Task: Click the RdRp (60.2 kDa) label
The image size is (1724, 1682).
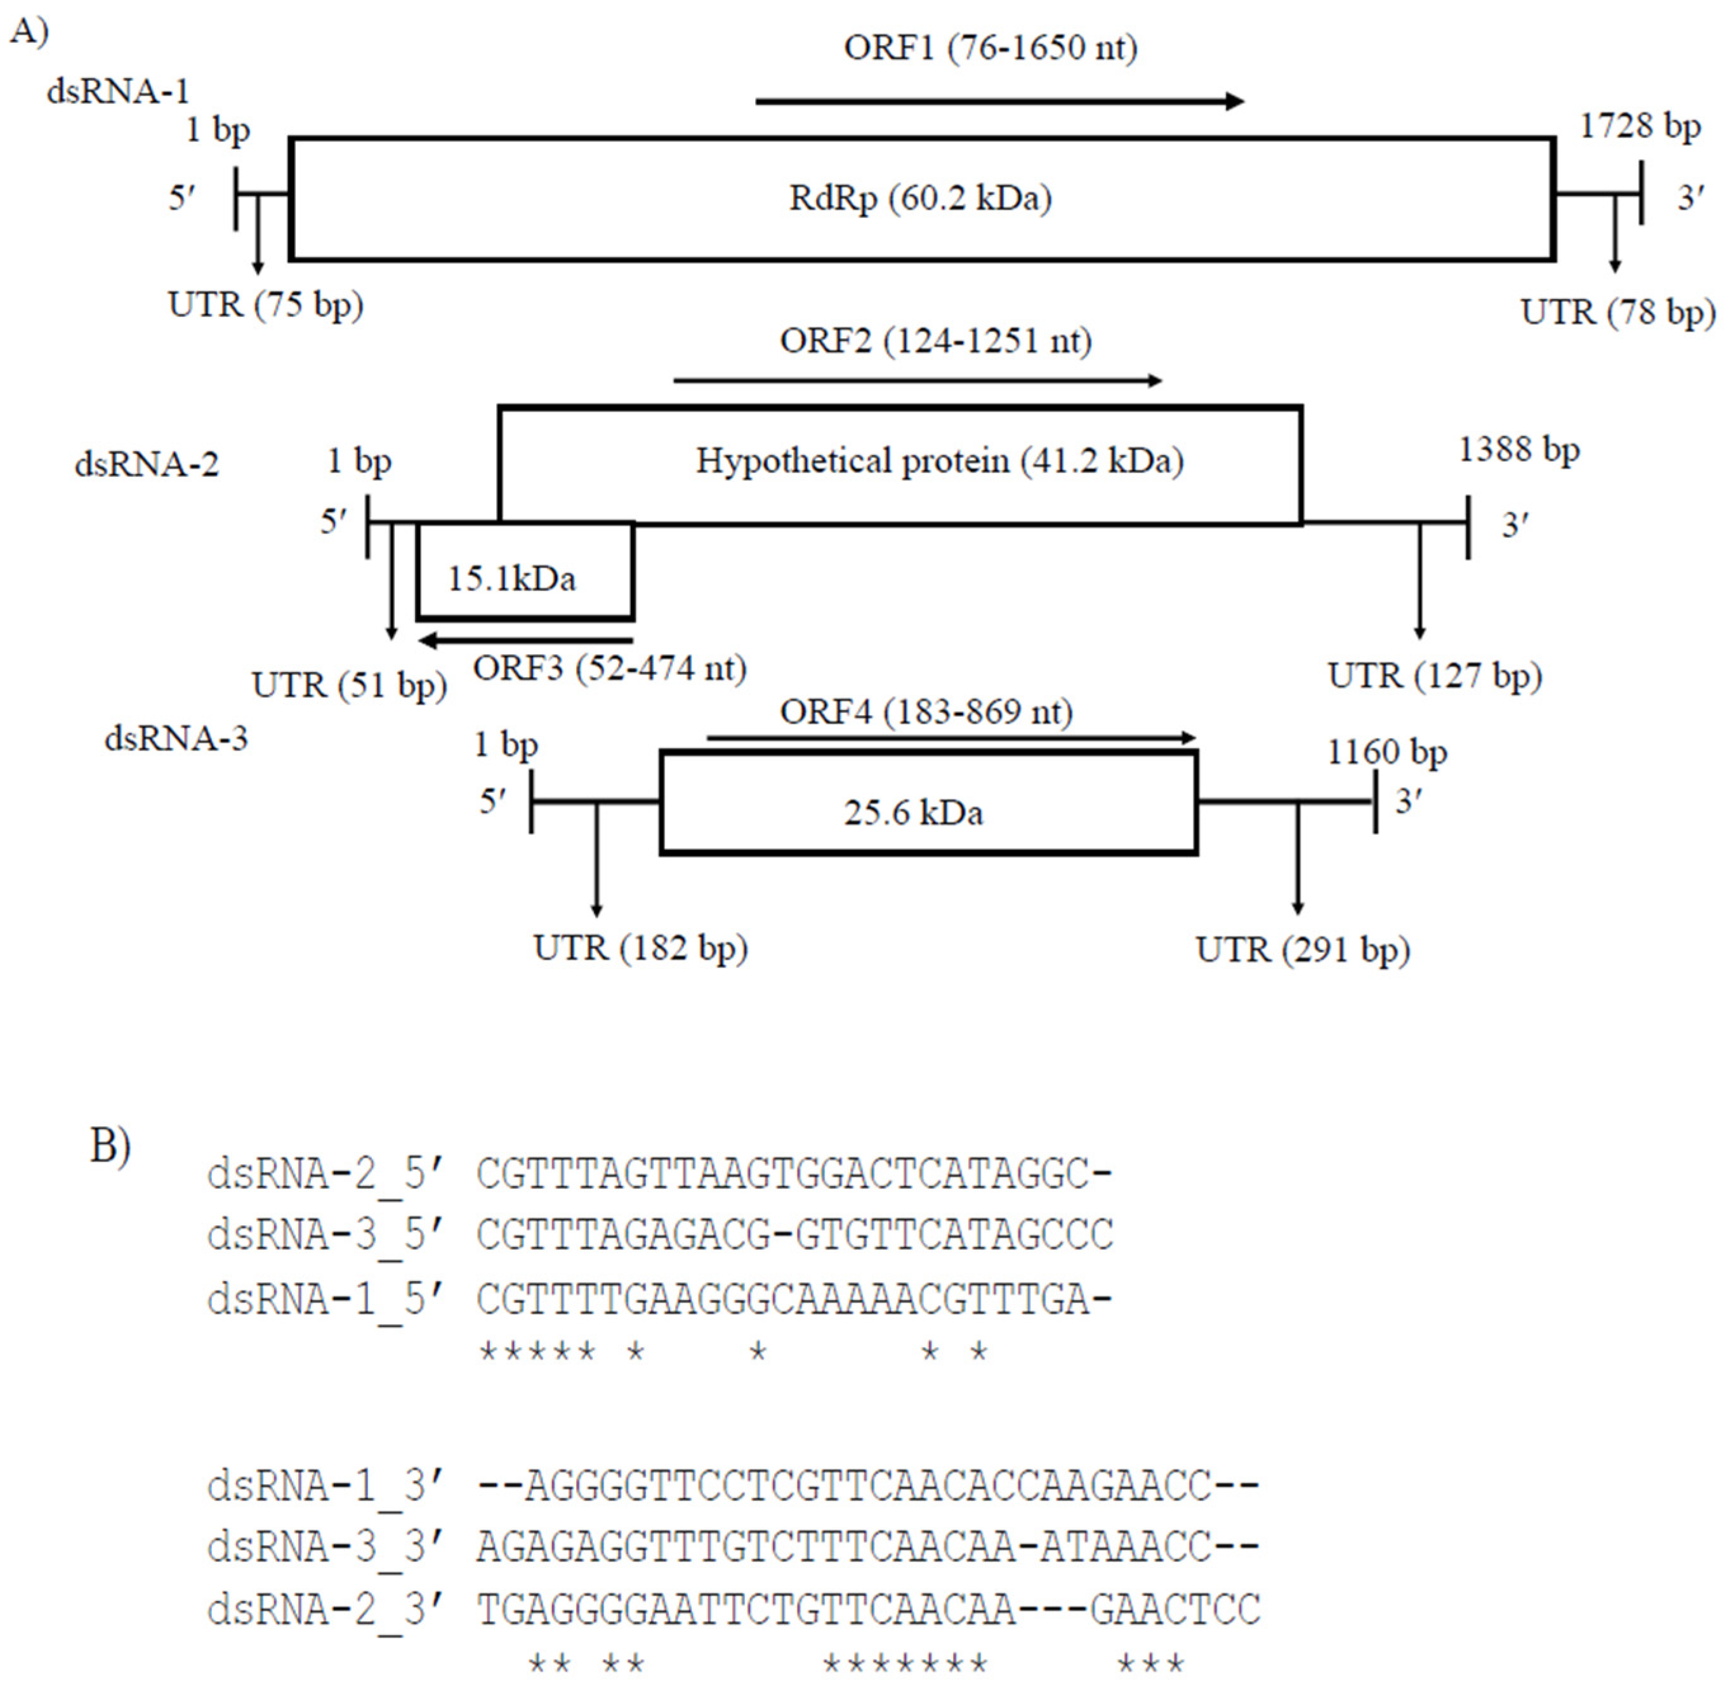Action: [920, 198]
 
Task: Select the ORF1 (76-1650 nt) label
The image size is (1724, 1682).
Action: [990, 48]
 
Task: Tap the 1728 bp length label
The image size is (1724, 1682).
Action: [1639, 126]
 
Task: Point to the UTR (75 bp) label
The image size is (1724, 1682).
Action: [265, 305]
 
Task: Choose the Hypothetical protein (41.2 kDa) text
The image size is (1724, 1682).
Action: [939, 460]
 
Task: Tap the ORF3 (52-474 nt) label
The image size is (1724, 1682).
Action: [610, 668]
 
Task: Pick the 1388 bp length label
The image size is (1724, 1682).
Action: [1518, 450]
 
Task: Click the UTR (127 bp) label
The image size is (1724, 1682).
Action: [1434, 676]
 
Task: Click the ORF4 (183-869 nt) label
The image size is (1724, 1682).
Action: [926, 711]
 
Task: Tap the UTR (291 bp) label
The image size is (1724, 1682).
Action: [1303, 950]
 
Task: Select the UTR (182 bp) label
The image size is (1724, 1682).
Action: [640, 948]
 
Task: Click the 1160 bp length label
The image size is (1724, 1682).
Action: [1386, 752]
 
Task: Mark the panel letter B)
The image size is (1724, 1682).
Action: [110, 1146]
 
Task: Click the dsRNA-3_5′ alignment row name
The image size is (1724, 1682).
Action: [326, 1235]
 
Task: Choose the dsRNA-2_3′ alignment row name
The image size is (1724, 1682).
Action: [326, 1610]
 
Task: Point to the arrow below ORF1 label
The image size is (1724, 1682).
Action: [999, 102]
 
